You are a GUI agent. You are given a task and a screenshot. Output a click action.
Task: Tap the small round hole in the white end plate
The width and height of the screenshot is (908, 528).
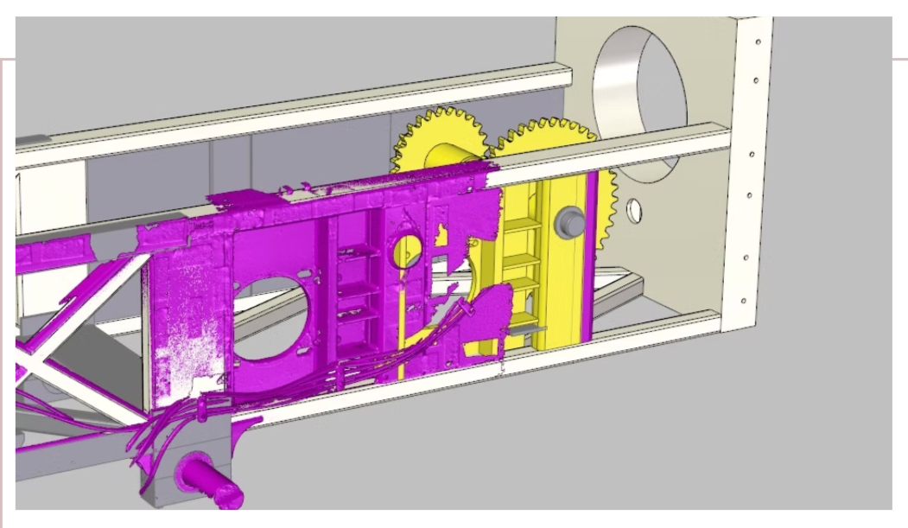pyautogui.click(x=635, y=208)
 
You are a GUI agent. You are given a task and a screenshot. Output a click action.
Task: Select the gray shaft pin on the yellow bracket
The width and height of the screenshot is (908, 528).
pyautogui.click(x=569, y=221)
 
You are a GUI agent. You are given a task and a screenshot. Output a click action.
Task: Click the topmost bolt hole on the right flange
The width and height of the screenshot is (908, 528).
pyautogui.click(x=757, y=41)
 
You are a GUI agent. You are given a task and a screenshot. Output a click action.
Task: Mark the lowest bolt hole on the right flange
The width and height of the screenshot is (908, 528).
pyautogui.click(x=742, y=301)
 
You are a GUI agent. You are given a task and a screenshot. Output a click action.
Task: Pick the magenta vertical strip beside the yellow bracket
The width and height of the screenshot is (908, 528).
pyautogui.click(x=592, y=259)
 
